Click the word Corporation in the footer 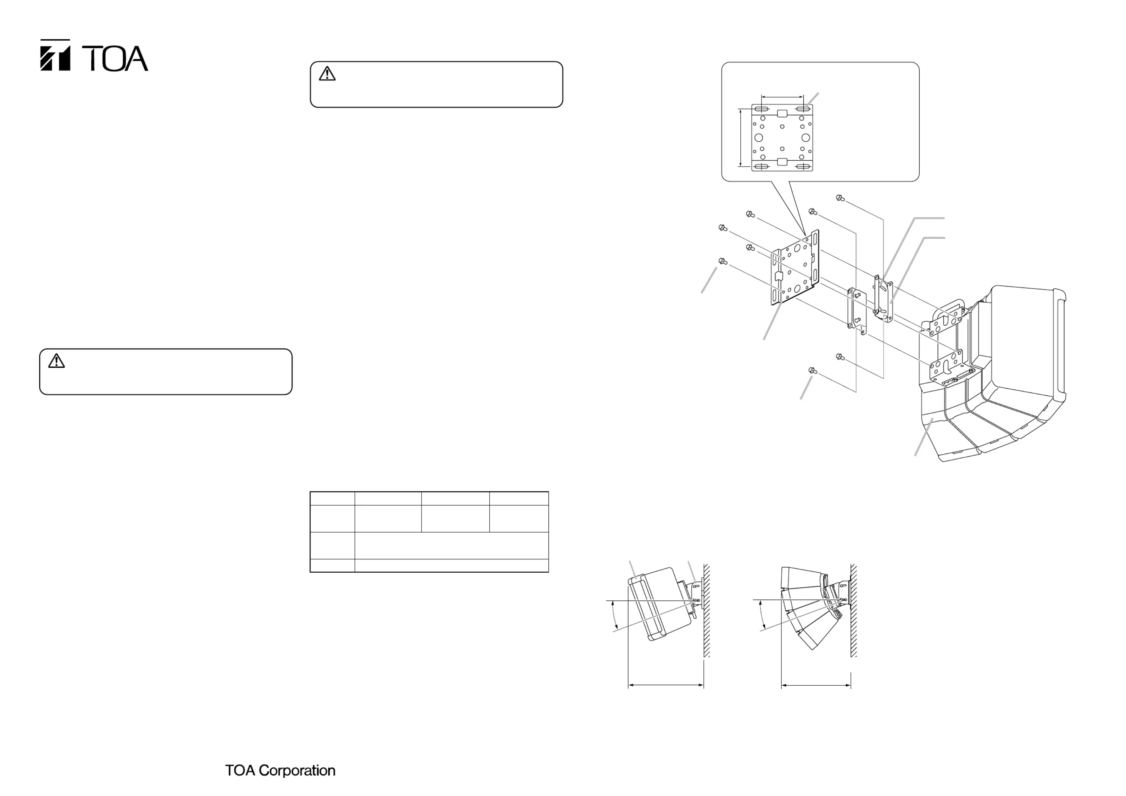pos(297,770)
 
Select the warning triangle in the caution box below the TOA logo pos(56,361)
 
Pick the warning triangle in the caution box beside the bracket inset pos(327,73)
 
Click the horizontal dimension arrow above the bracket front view pos(782,96)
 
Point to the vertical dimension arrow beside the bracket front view pos(740,138)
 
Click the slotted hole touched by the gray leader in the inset pos(802,109)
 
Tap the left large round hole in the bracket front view pos(759,138)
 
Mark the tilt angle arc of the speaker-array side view pos(760,616)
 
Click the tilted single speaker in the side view pos(660,606)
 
